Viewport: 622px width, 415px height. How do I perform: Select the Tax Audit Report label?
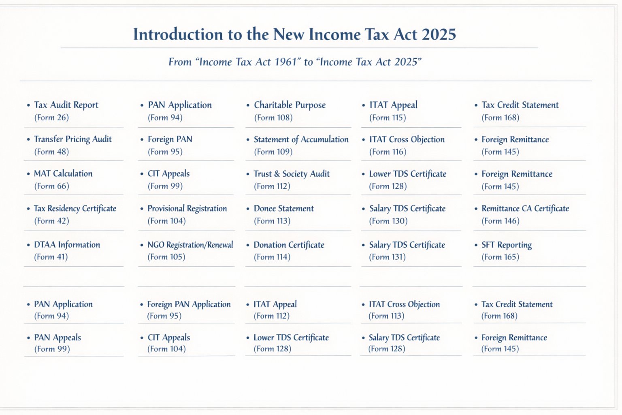(66, 105)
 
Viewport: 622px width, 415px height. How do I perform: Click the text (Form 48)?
(51, 152)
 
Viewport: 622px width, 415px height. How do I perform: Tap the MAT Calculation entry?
(63, 173)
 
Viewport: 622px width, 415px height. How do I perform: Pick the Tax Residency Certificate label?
(75, 208)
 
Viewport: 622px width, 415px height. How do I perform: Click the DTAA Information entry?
(67, 245)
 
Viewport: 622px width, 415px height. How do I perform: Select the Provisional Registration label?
(187, 208)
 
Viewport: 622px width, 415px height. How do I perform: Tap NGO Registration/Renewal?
(190, 245)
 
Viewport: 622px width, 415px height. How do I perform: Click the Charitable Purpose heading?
(290, 105)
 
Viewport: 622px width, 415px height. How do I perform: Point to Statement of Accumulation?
(301, 139)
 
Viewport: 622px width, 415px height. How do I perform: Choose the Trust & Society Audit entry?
(292, 174)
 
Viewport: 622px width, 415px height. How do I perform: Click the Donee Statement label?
(283, 208)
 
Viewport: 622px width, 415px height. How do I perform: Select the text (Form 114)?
(272, 257)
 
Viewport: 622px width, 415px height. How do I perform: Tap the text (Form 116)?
(388, 152)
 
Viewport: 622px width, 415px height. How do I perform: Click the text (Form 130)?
(388, 221)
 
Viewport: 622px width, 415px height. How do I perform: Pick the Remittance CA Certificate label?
(525, 208)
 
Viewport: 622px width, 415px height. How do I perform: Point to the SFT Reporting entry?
(507, 245)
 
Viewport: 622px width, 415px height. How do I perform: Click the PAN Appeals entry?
(58, 337)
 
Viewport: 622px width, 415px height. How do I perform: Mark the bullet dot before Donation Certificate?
(248, 245)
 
